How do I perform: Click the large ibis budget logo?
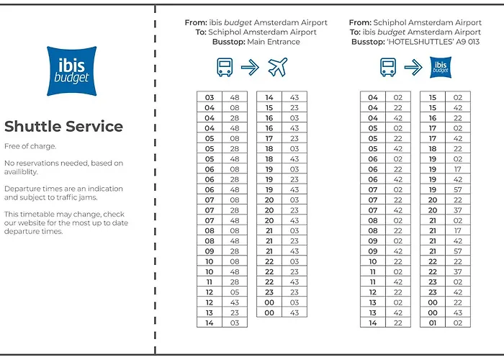[x=71, y=71]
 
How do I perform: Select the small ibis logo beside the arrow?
[x=441, y=68]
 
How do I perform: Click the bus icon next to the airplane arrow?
[x=225, y=68]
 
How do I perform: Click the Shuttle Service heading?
[x=63, y=127]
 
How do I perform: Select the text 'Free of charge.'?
[x=30, y=147]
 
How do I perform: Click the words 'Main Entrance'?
[x=274, y=42]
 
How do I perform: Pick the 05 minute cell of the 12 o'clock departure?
[x=234, y=292]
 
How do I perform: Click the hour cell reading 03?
[x=210, y=97]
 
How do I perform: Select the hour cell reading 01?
[x=433, y=323]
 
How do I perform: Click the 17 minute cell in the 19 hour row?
[x=458, y=169]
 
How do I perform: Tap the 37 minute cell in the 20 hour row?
[x=458, y=210]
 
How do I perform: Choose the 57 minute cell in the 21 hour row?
[x=458, y=251]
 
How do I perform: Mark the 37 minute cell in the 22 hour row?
[x=458, y=272]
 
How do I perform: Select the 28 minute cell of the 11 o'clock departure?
[x=234, y=282]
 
